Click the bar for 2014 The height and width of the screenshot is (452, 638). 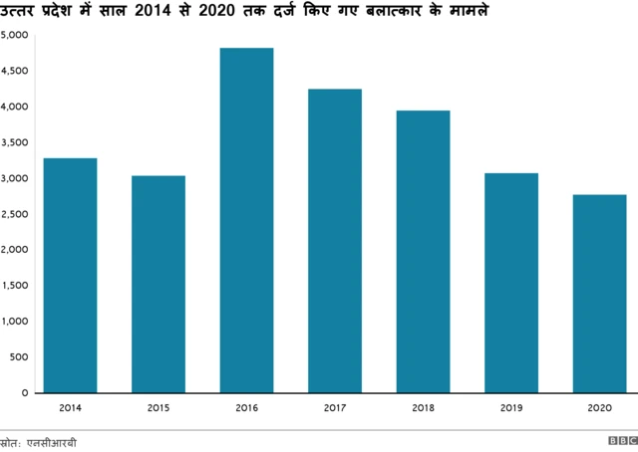[70, 276]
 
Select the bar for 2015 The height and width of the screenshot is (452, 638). [158, 285]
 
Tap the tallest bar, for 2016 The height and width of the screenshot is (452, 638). [246, 220]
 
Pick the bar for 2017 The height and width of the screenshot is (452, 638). [335, 241]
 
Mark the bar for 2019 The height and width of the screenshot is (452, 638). [511, 283]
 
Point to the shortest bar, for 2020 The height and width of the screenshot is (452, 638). [599, 294]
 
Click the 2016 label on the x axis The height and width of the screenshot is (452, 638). [246, 406]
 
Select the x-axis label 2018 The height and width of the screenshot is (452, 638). [423, 406]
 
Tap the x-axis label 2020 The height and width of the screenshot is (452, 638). [599, 406]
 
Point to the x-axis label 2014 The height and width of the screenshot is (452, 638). [70, 406]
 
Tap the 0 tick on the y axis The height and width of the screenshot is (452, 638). [25, 393]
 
